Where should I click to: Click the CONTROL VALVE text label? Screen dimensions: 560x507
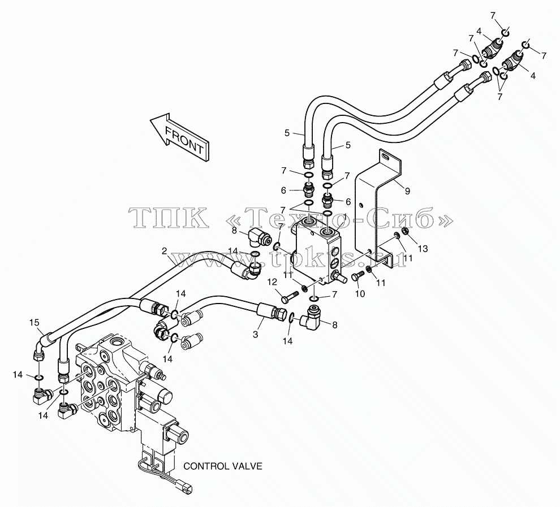click(x=223, y=466)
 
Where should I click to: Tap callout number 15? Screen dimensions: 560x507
click(x=35, y=323)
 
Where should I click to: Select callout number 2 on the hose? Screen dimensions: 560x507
click(x=164, y=251)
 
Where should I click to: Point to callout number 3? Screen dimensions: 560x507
click(x=255, y=334)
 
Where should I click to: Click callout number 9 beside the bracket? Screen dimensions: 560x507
click(x=407, y=191)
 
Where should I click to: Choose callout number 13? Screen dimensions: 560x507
click(x=423, y=248)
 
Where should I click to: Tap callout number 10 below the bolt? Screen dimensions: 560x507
click(x=360, y=293)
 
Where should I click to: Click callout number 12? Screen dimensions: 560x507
click(x=272, y=282)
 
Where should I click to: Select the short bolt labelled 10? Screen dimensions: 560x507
click(x=357, y=276)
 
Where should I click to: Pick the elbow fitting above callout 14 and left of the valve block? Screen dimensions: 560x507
click(x=258, y=237)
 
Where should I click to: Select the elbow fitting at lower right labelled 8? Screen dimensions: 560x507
click(x=310, y=317)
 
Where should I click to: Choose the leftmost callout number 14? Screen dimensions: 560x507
click(x=18, y=375)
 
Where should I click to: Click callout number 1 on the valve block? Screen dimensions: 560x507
click(x=344, y=216)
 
